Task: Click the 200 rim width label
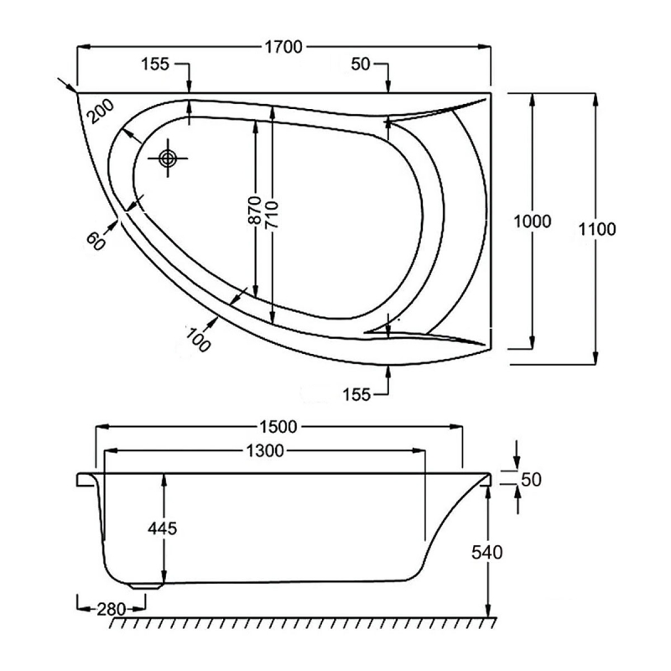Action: click(x=100, y=110)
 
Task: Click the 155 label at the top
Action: click(x=155, y=65)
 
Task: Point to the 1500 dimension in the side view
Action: click(x=280, y=426)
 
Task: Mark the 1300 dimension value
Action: click(x=265, y=451)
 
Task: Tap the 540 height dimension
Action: click(x=486, y=552)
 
